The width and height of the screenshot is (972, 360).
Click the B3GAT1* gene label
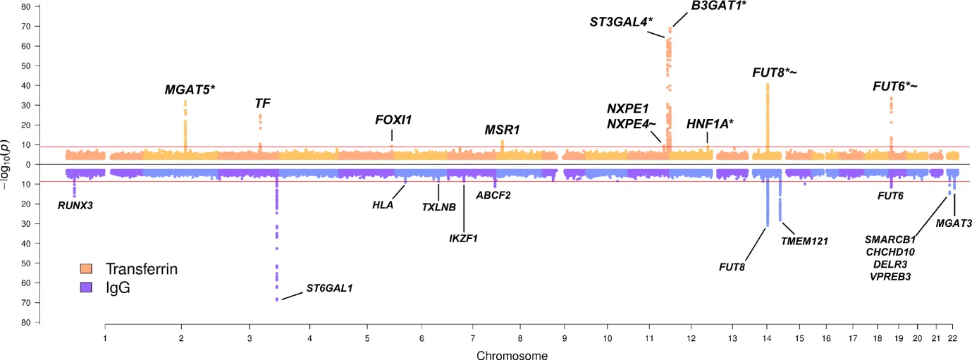(718, 6)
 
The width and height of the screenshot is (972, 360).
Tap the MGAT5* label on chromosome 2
(190, 89)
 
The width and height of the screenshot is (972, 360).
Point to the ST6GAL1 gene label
(328, 288)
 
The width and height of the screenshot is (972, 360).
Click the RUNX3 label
(75, 206)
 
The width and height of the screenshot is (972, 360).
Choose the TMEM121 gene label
(804, 241)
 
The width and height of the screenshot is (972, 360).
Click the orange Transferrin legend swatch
(87, 268)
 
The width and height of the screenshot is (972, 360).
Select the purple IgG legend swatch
(87, 287)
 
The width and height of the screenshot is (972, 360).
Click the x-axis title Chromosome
(512, 355)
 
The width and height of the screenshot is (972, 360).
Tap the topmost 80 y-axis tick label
(25, 7)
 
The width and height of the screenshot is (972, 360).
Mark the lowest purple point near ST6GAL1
(277, 299)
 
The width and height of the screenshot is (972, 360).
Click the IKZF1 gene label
(463, 238)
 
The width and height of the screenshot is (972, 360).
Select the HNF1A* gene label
(710, 124)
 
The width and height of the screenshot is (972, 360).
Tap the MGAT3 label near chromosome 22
(954, 223)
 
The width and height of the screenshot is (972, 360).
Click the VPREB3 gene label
(890, 276)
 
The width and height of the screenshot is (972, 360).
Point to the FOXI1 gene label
(393, 120)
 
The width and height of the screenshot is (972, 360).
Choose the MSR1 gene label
(502, 130)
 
